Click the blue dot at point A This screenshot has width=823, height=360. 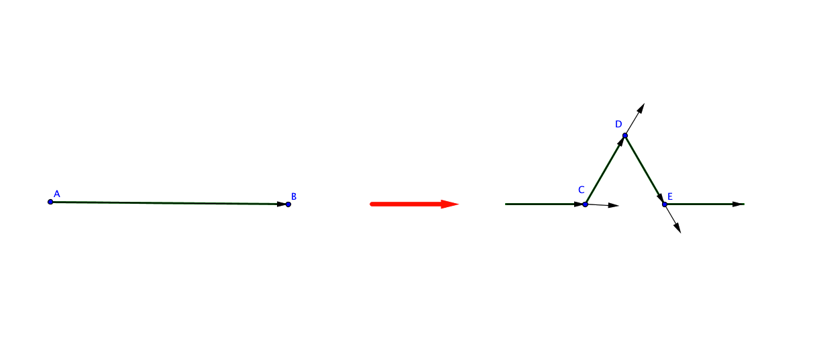[x=50, y=202]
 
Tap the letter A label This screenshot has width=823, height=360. [x=57, y=194]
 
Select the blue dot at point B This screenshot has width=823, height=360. [x=288, y=204]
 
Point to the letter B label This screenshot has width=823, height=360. [x=294, y=196]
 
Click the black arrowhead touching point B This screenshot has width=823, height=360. [x=282, y=204]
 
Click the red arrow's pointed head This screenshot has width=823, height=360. [x=450, y=204]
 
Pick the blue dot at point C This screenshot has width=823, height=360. [x=586, y=204]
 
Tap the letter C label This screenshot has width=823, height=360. [x=582, y=190]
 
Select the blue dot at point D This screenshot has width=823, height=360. [x=625, y=135]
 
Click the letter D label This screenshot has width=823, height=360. [x=618, y=124]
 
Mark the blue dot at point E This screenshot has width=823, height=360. [x=665, y=204]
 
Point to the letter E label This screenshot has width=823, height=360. [x=670, y=196]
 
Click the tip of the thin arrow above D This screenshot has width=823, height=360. [x=645, y=104]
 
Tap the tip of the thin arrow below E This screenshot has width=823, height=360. [x=681, y=233]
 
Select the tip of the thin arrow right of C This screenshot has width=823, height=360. [x=619, y=206]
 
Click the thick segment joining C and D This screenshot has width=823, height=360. [x=605, y=170]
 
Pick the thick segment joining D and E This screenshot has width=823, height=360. [x=645, y=170]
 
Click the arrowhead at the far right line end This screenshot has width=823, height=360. [x=738, y=204]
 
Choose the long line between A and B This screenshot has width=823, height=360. [x=170, y=202]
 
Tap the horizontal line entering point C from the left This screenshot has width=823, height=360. [x=545, y=204]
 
